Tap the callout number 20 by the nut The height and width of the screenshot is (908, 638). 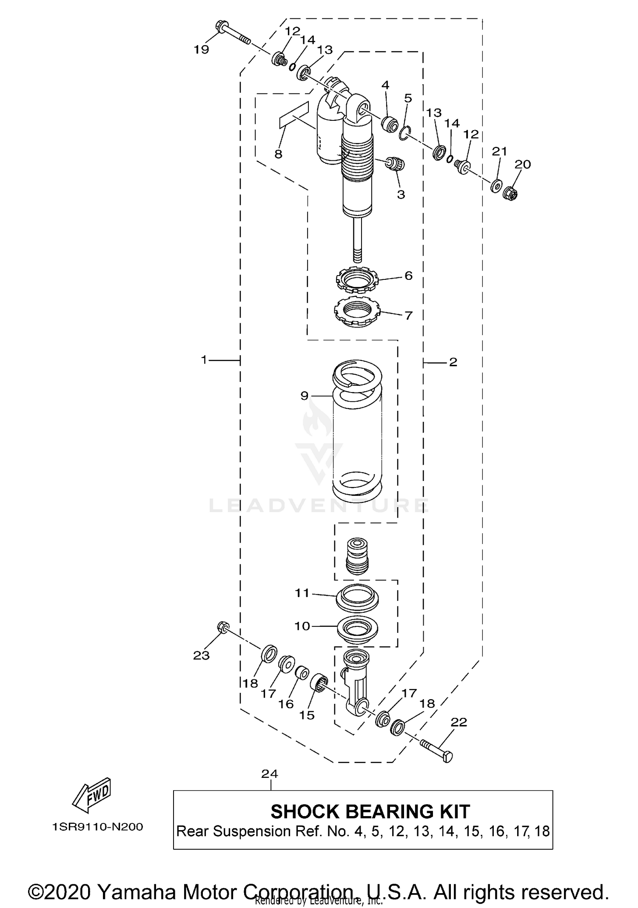pos(523,165)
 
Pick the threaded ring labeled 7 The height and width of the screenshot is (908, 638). pos(356,313)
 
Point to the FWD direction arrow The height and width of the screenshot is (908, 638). pos(92,795)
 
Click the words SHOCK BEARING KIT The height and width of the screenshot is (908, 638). pos(370,811)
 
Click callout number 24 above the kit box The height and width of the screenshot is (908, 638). pos(270,774)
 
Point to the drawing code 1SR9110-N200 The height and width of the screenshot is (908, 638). pos(97,827)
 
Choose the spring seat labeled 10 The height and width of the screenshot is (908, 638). pos(357,628)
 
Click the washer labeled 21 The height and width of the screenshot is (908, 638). pos(496,186)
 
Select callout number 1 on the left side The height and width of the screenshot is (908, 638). pos(204,360)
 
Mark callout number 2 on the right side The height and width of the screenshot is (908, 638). pos(453,362)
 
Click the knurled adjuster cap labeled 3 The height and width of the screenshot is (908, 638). pos(395,164)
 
